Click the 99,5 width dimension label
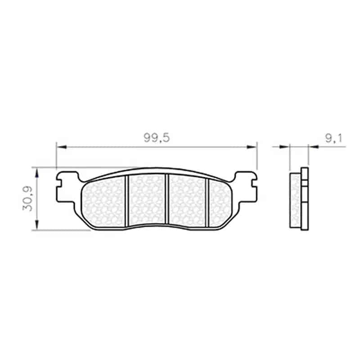pyautogui.click(x=157, y=138)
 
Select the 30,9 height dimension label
pyautogui.click(x=28, y=199)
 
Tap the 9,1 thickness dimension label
pyautogui.click(x=333, y=138)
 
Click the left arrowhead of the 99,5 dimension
pyautogui.click(x=61, y=147)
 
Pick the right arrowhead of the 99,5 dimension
pyautogui.click(x=252, y=147)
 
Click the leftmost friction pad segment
pyautogui.click(x=103, y=202)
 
